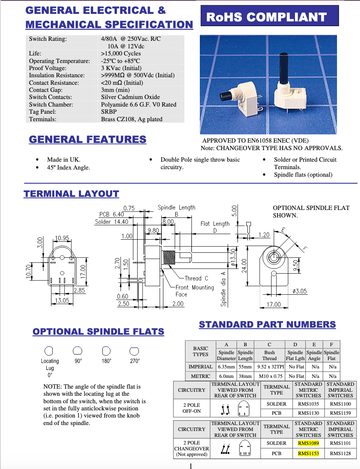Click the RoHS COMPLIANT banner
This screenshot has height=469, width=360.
tap(270, 17)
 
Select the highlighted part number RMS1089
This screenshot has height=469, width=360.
tap(308, 443)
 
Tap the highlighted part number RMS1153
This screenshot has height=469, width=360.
tap(308, 454)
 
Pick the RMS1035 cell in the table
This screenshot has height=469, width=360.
tap(308, 404)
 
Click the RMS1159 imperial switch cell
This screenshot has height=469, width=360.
tap(340, 413)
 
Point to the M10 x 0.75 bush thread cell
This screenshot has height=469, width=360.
tap(270, 376)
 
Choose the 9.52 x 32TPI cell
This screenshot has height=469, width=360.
tap(270, 367)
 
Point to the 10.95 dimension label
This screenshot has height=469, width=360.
tap(62, 238)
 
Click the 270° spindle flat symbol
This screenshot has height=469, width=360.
tap(134, 351)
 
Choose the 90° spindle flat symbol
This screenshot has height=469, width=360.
tap(78, 351)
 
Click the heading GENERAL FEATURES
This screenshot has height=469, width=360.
tap(88, 139)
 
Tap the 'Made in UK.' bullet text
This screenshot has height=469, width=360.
tap(63, 160)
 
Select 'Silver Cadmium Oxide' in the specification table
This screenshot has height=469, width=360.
tap(130, 97)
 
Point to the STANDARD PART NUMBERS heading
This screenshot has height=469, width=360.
tap(267, 324)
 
